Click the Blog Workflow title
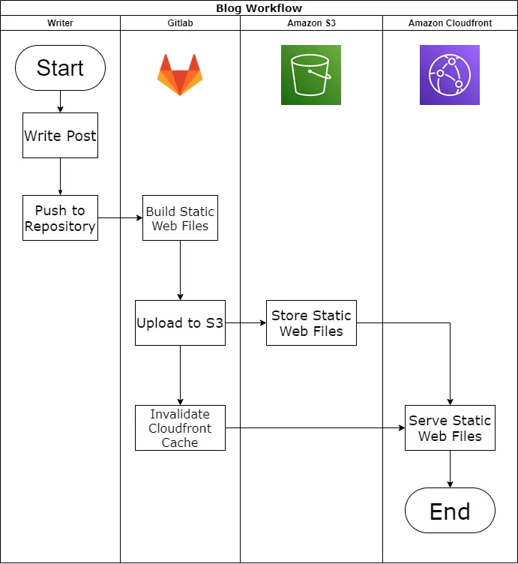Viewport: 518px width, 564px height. coord(259,8)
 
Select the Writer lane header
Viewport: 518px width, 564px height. coord(60,23)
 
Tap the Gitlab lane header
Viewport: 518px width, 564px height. coord(180,23)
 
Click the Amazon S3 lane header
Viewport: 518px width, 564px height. coord(311,23)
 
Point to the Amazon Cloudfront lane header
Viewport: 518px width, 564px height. coord(450,23)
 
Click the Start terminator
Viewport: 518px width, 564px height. coord(60,67)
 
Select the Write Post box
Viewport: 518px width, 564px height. coord(60,136)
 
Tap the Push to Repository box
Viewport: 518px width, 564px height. coord(60,218)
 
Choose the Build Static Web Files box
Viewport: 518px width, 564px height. coord(180,218)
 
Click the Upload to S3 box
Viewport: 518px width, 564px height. coord(180,323)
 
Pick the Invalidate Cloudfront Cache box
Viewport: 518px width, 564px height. coord(180,428)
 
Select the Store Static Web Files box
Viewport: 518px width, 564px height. coord(311,323)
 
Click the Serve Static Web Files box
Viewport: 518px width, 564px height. coord(450,428)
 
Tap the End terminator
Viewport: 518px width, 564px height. coord(450,511)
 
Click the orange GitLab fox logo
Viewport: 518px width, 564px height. coord(180,75)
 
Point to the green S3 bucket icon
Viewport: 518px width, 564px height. coord(311,75)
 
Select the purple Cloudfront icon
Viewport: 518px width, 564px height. coord(450,75)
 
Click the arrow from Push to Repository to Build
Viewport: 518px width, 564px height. coord(120,218)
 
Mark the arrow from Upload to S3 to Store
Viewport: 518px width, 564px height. coord(246,323)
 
